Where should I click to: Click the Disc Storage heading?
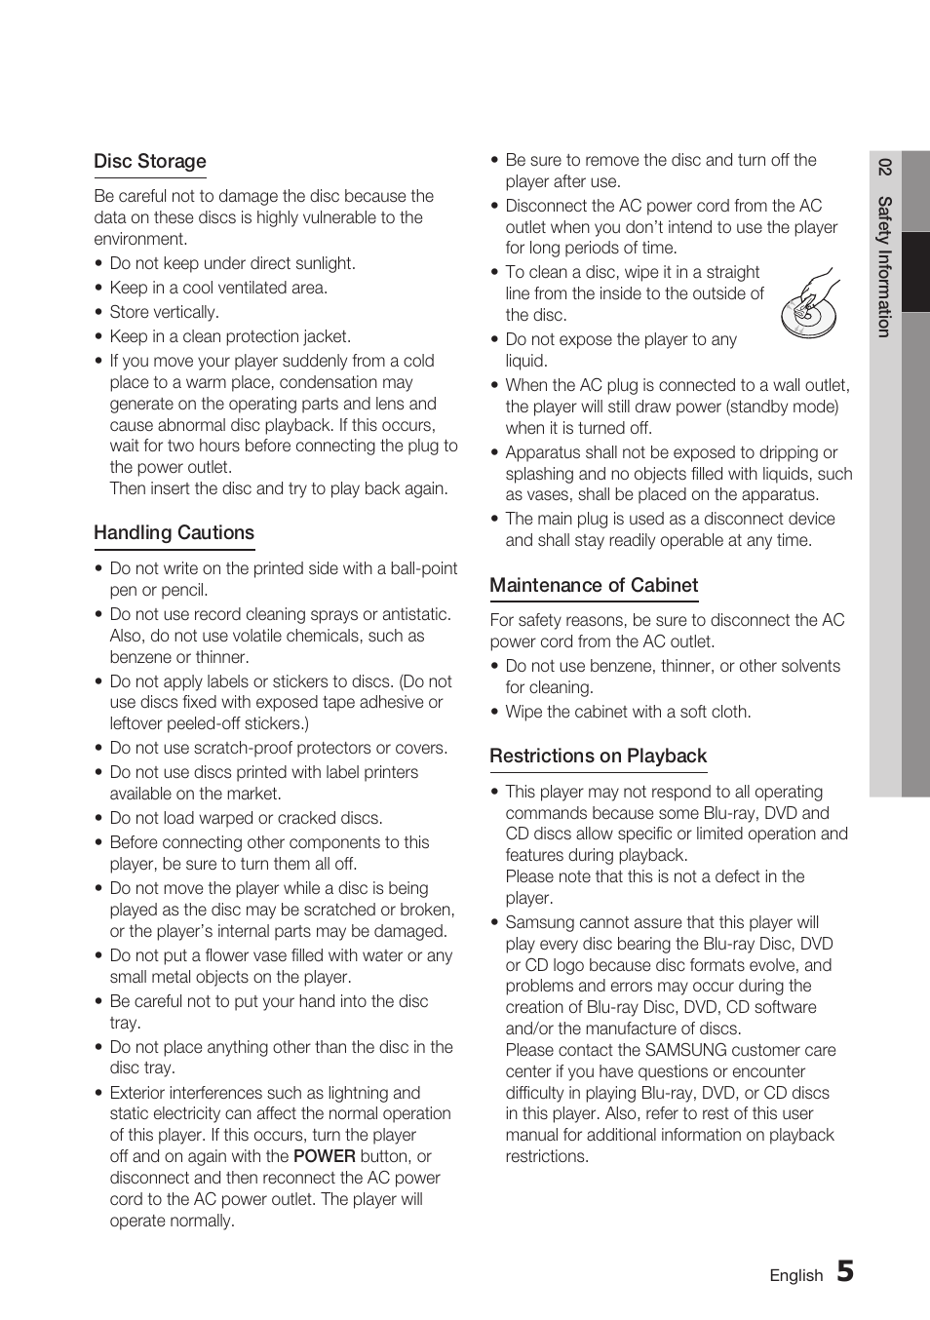point(150,162)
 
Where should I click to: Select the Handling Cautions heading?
point(174,533)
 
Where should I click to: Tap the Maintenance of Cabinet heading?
point(594,586)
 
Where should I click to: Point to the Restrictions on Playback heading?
point(598,757)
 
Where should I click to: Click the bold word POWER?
point(325,1156)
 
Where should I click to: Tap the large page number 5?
point(845,1271)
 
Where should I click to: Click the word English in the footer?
point(795,1275)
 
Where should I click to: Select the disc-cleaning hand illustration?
point(809,304)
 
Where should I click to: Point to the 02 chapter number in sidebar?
point(884,167)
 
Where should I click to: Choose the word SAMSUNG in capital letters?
point(685,1050)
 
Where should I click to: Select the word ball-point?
point(423,568)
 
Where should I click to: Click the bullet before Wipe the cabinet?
point(495,713)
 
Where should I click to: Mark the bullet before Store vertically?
point(99,313)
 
